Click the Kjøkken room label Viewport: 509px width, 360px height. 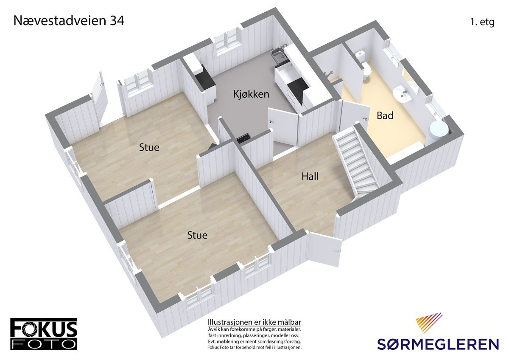coord(251,94)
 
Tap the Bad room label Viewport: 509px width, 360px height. coord(385,115)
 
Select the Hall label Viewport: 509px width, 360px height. coord(310,176)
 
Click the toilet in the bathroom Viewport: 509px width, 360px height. coord(366,68)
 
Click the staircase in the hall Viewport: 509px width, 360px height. coord(355,161)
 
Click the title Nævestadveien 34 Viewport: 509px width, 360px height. coord(69,20)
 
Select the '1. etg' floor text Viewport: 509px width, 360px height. coord(482,22)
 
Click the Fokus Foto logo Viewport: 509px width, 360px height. coord(44,334)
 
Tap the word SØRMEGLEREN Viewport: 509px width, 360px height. coord(438,343)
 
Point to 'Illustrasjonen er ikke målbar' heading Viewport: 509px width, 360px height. coord(254,322)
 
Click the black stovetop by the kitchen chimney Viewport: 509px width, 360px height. coord(243,138)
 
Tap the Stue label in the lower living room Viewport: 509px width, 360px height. coord(197,235)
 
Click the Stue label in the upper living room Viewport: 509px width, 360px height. coord(149,147)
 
